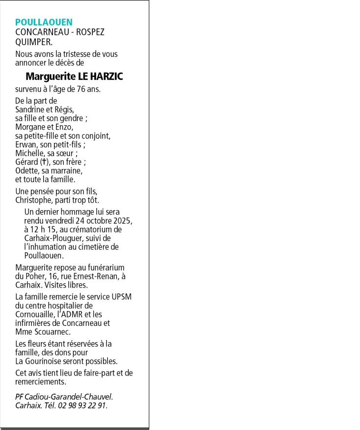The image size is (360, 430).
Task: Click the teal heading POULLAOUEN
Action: point(44,22)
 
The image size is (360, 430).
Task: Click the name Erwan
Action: point(26,145)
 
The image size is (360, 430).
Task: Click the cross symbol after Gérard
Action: point(43,162)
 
